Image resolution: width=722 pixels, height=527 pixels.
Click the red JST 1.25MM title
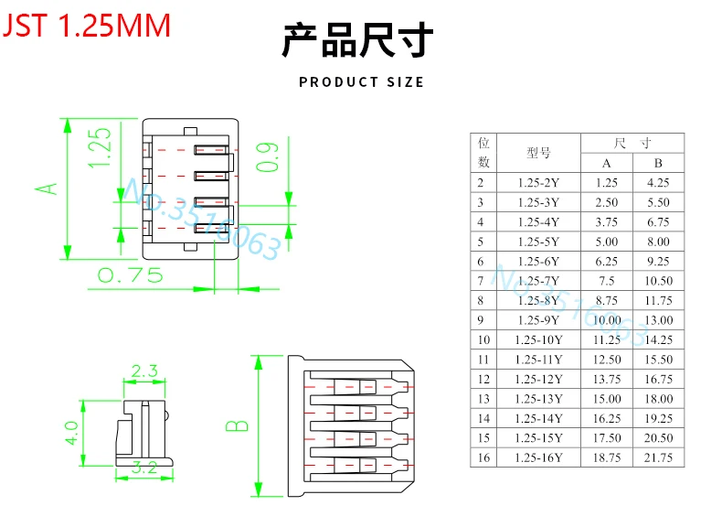88,25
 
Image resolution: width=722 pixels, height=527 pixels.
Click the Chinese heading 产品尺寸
356,41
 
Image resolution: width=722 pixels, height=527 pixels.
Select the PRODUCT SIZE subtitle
361,82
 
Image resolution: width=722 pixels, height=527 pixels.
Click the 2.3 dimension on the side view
144,371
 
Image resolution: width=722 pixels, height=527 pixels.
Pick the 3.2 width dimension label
144,468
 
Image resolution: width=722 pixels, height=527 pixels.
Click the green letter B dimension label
237,425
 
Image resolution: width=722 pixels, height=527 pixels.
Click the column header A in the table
606,163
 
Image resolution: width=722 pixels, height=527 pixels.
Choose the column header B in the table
658,163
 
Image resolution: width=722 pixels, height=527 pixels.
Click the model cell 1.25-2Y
538,183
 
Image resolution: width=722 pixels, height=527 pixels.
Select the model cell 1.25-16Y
538,457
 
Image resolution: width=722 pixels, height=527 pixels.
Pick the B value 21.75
658,457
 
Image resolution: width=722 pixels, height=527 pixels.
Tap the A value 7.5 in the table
606,281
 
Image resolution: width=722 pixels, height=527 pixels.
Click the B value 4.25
658,183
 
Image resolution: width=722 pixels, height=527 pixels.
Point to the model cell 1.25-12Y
538,379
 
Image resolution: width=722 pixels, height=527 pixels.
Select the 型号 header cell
538,153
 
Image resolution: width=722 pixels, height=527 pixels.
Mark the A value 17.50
606,437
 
